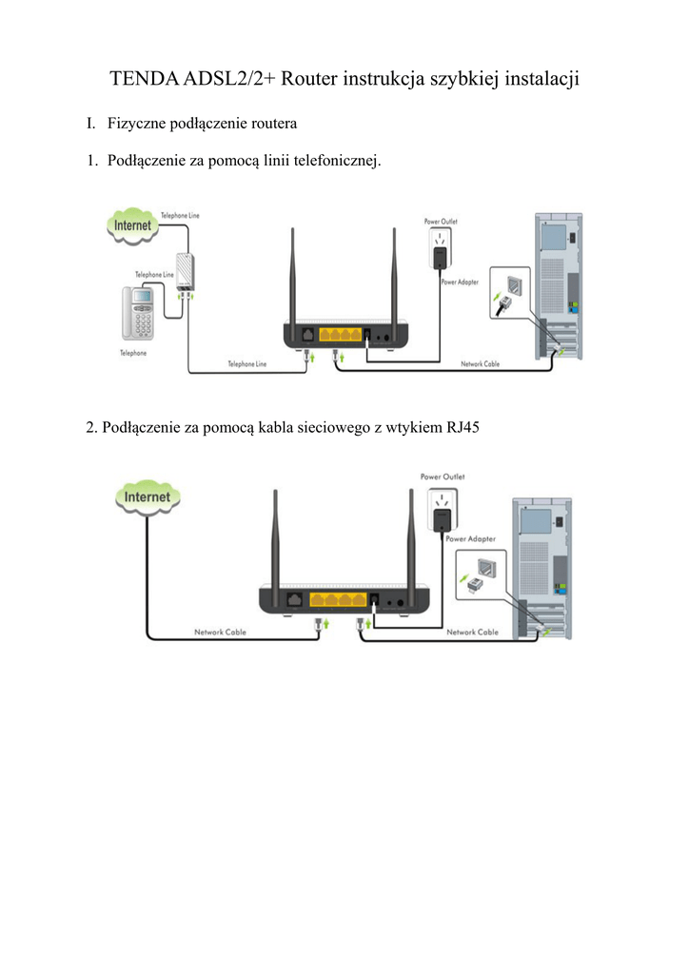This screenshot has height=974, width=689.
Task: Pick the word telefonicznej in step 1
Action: coord(338,161)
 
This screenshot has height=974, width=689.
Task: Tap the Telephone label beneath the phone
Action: coord(133,353)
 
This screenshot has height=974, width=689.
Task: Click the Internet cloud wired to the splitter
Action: coord(132,226)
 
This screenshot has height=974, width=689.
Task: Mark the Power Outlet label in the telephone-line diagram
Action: coord(441,222)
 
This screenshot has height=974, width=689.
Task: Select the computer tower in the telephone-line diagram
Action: coord(559,285)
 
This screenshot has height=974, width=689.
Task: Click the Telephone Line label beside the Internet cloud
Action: coord(180,216)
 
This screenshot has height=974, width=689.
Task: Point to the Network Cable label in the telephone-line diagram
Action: coord(481,364)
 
